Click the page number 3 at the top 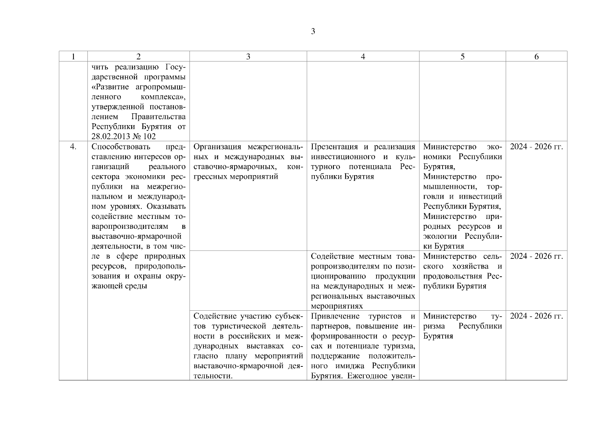[x=313, y=31]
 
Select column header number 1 [x=73, y=56]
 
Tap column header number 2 [x=138, y=56]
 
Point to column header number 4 [x=363, y=56]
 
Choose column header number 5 [x=463, y=56]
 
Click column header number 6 [x=536, y=56]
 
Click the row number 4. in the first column [x=73, y=147]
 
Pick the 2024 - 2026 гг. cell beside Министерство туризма [x=536, y=316]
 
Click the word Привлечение [x=335, y=316]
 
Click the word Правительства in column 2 [x=158, y=117]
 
